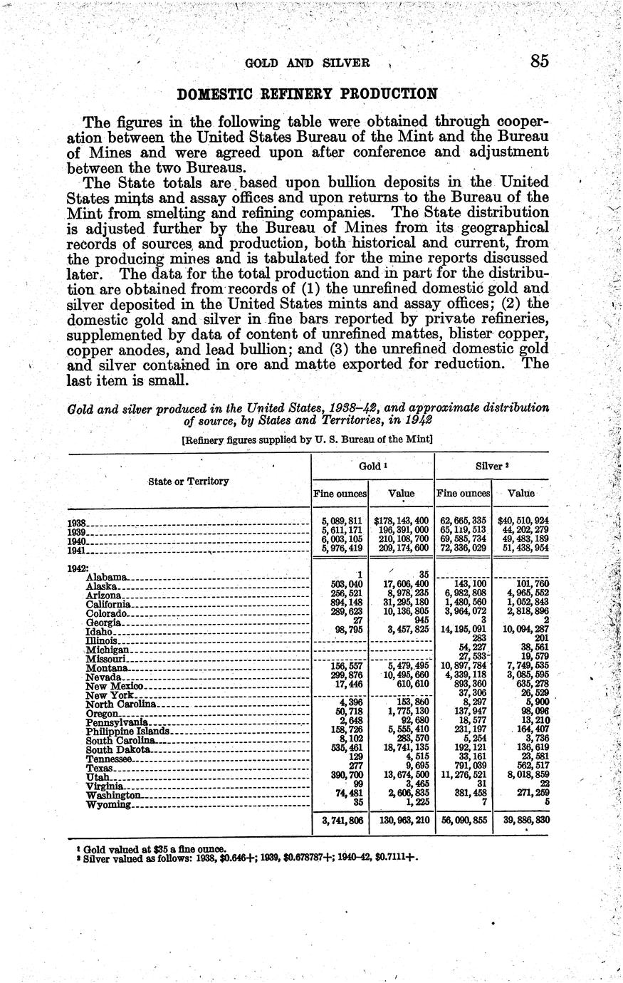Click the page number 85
coord(539,61)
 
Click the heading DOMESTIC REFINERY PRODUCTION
coord(307,94)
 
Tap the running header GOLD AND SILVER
coord(308,63)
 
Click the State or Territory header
coord(189,481)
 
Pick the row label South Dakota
coord(118,749)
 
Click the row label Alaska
coord(105,586)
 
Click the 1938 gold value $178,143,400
coord(401,521)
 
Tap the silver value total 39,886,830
coord(523,821)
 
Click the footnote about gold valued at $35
coord(155,848)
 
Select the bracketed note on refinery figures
coord(308,440)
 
